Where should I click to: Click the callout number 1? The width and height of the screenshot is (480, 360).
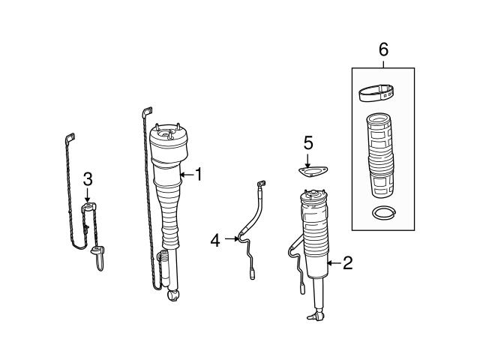coord(199,175)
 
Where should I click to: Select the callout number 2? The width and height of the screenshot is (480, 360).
coord(347,262)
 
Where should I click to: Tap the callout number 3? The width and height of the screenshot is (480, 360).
coord(88,178)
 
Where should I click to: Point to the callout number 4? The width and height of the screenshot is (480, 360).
coord(215,240)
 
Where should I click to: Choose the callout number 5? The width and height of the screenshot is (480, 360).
coord(307,141)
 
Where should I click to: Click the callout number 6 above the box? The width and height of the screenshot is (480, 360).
coord(383,50)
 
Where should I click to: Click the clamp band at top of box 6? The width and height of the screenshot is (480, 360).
coord(378,93)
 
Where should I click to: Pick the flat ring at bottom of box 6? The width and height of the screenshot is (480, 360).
coord(383,213)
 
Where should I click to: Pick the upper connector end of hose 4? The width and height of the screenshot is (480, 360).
coord(262,184)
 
